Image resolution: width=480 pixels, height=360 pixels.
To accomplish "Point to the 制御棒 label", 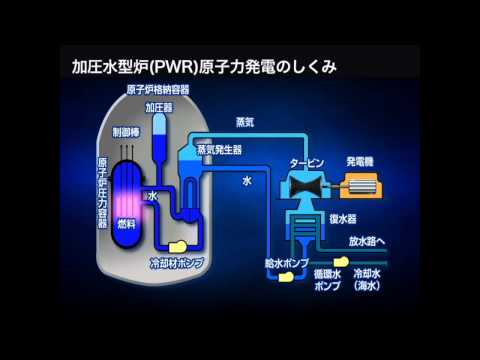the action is pyautogui.click(x=127, y=129).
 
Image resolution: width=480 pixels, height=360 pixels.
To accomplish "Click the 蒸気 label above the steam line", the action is pyautogui.click(x=243, y=122).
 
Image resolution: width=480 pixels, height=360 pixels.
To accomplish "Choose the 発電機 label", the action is pyautogui.click(x=361, y=159).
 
